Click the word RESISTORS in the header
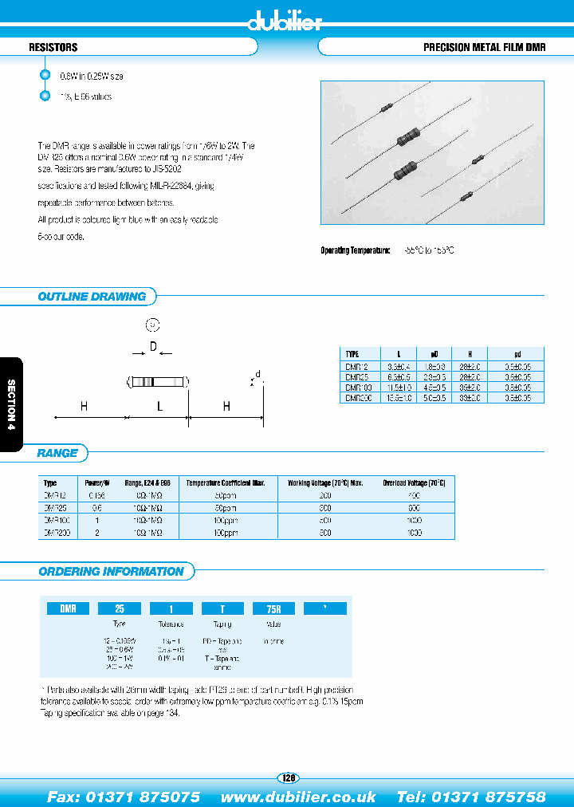(53, 48)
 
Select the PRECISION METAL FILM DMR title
(484, 48)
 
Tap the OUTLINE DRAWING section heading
(92, 297)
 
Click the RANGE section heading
(57, 453)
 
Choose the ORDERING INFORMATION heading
(111, 571)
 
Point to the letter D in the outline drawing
(152, 348)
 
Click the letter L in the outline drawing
(159, 407)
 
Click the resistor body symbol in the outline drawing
(158, 383)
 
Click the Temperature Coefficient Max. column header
(226, 483)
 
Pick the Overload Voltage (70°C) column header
(415, 483)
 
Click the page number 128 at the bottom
(288, 777)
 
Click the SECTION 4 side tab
(11, 405)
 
